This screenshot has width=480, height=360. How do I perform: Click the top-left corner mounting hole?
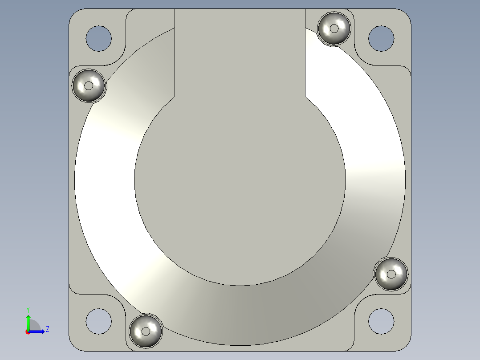98,38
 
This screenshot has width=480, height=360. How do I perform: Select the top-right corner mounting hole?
381,38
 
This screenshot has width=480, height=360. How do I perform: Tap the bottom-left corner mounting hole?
98,321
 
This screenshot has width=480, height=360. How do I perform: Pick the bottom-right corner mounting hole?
381,321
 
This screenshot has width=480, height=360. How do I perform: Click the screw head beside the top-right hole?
334,29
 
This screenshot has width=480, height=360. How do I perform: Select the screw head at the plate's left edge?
89,85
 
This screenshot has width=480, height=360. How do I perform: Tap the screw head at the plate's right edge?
391,274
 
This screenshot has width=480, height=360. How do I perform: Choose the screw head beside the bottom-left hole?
145,331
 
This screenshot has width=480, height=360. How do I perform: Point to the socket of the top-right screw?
334,29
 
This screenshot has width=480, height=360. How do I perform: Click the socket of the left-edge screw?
89,85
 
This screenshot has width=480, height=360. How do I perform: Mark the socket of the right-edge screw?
391,274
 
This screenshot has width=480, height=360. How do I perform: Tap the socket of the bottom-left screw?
145,331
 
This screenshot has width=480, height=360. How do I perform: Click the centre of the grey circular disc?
240,180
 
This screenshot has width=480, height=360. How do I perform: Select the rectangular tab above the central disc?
240,49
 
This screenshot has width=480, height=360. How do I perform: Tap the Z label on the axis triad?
47,330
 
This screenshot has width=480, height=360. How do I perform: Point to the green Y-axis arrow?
28,322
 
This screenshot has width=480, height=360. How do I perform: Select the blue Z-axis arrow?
37,331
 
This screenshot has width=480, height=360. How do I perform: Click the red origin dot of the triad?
28,332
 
